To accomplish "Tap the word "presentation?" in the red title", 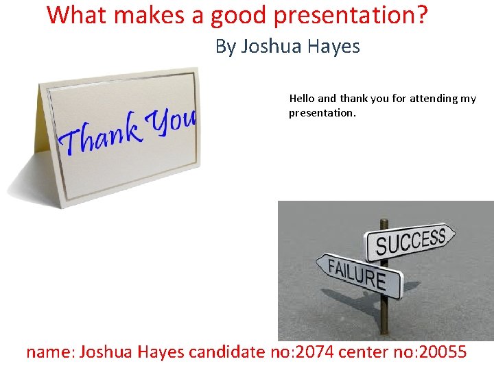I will (353, 14).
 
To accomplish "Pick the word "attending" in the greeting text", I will (434, 99).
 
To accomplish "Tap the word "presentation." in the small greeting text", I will (322, 113).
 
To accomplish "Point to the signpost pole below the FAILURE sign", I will (384, 315).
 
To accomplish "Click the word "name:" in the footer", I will (51, 352).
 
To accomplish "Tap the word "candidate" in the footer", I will (226, 352).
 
